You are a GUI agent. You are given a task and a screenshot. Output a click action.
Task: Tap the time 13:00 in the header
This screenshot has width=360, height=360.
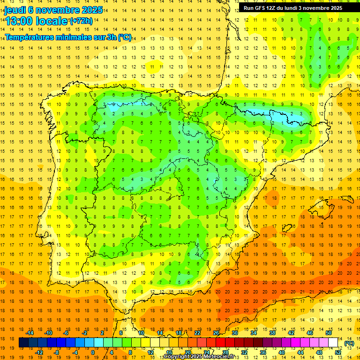[20, 21]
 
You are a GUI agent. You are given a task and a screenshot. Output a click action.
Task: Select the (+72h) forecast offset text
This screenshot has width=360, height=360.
[81, 21]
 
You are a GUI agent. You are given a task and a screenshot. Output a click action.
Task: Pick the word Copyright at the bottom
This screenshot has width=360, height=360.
[177, 357]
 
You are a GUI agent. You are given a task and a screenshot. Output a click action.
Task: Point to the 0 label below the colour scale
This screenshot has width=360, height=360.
[93, 352]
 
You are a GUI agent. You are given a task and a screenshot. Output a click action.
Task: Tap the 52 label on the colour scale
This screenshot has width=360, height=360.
[337, 352]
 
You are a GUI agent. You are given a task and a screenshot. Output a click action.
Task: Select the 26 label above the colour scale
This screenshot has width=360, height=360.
[216, 333]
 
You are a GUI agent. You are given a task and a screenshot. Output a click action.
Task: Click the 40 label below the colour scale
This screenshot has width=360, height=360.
[281, 352]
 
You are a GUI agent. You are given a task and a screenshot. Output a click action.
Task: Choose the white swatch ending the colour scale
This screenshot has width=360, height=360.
[333, 343]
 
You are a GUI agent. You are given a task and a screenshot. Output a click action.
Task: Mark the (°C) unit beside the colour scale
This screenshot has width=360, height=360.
[349, 343]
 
